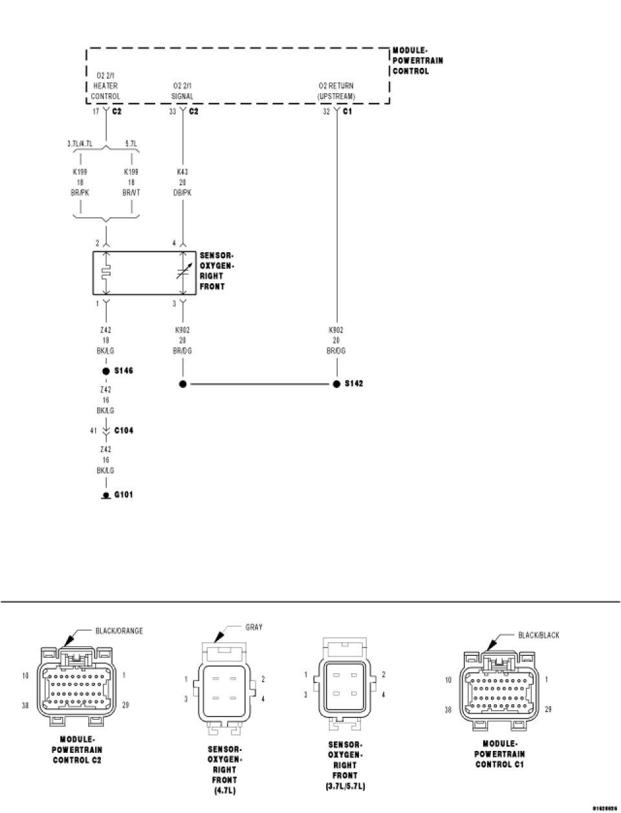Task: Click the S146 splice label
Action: (123, 371)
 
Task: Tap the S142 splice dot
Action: (336, 384)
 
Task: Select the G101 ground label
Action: (124, 495)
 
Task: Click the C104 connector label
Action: (124, 430)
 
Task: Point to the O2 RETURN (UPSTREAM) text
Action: (336, 91)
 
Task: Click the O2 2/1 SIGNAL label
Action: (182, 91)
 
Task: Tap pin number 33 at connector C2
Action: (173, 112)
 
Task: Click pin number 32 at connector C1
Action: (326, 112)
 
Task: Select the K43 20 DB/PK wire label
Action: (182, 182)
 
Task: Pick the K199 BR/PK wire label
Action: (80, 182)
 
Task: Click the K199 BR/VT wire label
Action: (132, 182)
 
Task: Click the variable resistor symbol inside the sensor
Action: (182, 273)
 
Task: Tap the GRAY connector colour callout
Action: (254, 627)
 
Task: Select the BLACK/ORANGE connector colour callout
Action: (119, 631)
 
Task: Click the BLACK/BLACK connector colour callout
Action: (538, 635)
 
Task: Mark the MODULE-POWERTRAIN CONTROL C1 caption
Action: (499, 753)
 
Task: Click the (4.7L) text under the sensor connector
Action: (221, 790)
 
